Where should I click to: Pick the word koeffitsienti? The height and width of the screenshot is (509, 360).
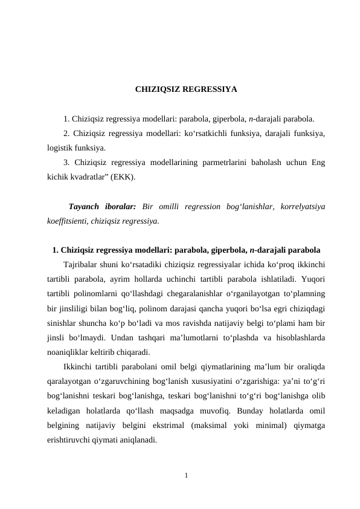[66, 221]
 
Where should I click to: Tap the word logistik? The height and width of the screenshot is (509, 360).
[61, 148]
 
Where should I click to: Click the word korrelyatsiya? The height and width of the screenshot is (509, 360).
[301, 206]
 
